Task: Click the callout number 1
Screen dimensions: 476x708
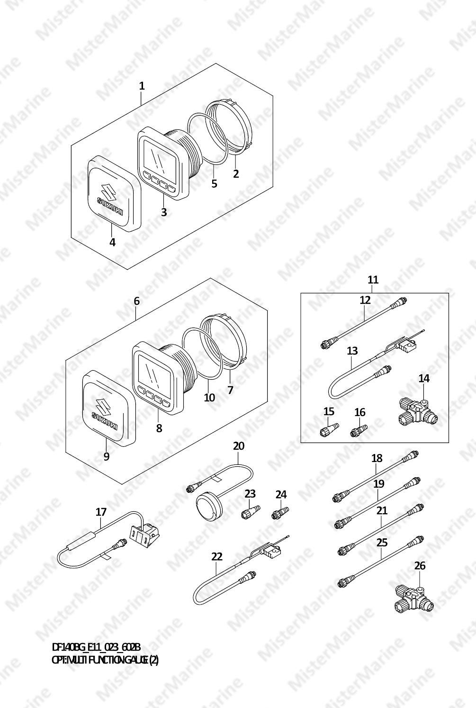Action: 142,86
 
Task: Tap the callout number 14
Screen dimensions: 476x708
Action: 424,378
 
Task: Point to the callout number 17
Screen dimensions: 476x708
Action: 101,512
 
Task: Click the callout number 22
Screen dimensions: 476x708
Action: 217,556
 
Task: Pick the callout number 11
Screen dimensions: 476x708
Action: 373,280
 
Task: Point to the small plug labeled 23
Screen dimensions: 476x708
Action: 251,512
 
